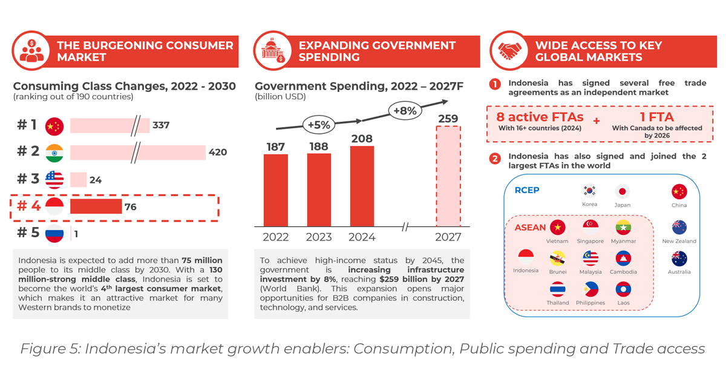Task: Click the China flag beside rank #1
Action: pos(54,126)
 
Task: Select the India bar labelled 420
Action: pos(138,153)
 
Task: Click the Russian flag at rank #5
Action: pos(54,234)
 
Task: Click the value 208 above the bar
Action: pos(362,139)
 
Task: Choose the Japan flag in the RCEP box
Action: pos(622,192)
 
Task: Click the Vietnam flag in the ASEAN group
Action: pos(557,228)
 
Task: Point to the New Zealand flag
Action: pos(679,228)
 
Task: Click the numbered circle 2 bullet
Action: pos(495,160)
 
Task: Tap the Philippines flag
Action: pos(590,289)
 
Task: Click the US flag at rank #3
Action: pos(54,180)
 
